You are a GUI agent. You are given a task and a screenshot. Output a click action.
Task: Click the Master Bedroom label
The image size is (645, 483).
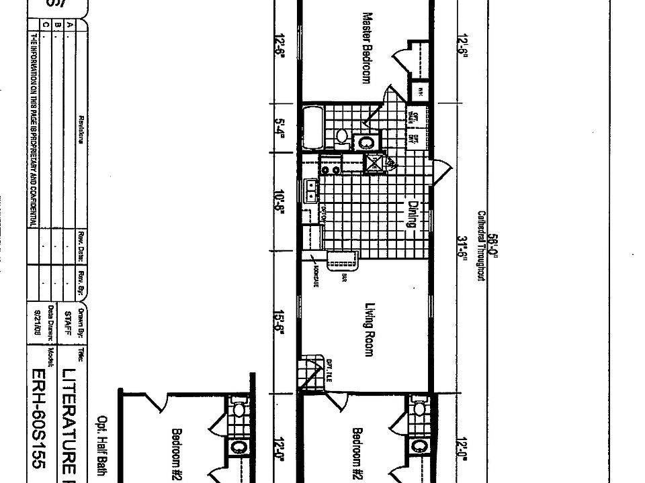pos(366,47)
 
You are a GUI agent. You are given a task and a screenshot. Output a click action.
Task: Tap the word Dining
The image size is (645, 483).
pos(412,214)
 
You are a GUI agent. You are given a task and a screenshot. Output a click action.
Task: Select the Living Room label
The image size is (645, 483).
pos(368,329)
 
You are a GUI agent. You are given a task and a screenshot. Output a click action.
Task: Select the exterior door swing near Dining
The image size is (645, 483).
pos(439,172)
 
